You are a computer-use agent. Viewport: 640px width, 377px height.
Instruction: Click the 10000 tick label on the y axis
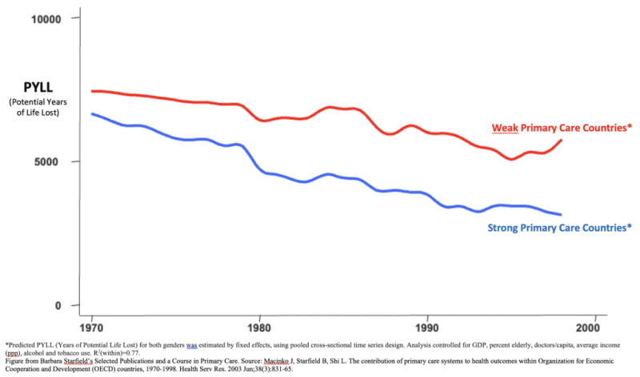tap(46, 18)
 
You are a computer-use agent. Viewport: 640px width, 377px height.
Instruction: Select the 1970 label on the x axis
tap(91, 327)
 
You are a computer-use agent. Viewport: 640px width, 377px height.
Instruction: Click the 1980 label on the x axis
tap(258, 327)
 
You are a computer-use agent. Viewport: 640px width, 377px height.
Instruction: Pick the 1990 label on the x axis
tap(426, 327)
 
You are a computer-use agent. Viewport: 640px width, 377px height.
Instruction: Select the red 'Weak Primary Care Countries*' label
tap(562, 128)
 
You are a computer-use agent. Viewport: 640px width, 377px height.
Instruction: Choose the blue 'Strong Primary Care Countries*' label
tap(560, 228)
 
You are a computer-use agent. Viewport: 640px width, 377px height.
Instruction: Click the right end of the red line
tap(562, 141)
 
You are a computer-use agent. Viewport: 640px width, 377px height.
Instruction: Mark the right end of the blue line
tap(562, 215)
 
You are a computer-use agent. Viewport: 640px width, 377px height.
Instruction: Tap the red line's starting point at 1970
tap(92, 91)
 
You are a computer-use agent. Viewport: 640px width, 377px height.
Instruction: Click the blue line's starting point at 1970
tap(92, 114)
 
